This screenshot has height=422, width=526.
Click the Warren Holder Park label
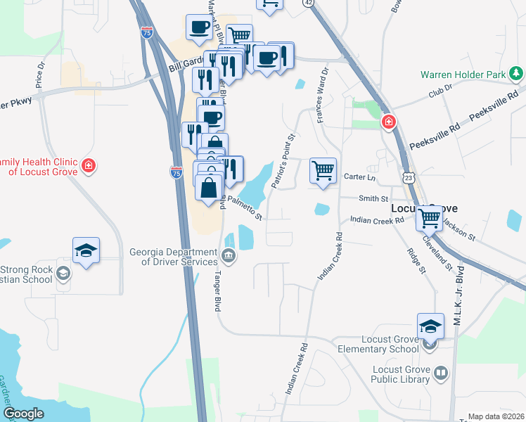tap(464, 74)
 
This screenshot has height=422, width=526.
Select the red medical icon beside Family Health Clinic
tap(89, 167)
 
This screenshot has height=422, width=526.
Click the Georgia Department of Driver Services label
tap(173, 257)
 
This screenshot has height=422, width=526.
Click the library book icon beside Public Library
tap(440, 373)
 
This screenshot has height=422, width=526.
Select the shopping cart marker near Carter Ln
tap(323, 170)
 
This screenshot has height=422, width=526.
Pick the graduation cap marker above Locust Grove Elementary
tap(430, 326)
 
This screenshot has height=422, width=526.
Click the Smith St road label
tap(373, 199)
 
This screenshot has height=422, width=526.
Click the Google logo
tap(23, 414)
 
